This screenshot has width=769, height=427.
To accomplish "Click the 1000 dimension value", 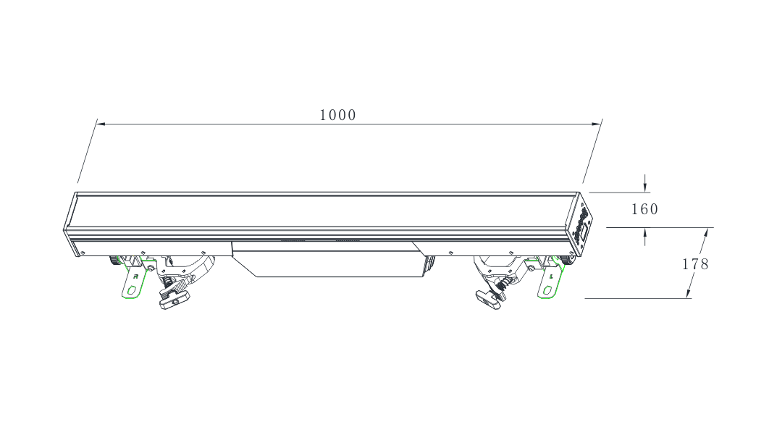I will pyautogui.click(x=337, y=115).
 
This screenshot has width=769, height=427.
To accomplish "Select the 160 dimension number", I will pyautogui.click(x=644, y=210).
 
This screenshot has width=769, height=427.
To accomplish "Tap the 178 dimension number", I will pyautogui.click(x=695, y=264).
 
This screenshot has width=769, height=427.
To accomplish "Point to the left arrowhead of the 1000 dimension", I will pyautogui.click(x=101, y=124).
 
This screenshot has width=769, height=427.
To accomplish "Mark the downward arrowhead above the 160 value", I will pyautogui.click(x=644, y=187).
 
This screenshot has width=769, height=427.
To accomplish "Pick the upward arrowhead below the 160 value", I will pyautogui.click(x=644, y=232).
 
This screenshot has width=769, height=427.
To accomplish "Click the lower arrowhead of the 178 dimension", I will pyautogui.click(x=689, y=292).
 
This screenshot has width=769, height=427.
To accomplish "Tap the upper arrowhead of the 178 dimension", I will pyautogui.click(x=705, y=233).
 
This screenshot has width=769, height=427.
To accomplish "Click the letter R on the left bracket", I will pyautogui.click(x=135, y=276).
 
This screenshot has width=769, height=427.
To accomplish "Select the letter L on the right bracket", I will pyautogui.click(x=552, y=276).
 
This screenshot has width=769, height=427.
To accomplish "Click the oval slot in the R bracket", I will pyautogui.click(x=132, y=289).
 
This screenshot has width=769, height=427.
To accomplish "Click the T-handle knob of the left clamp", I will pyautogui.click(x=173, y=301).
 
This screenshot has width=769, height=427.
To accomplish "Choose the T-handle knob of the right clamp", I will pyautogui.click(x=487, y=300).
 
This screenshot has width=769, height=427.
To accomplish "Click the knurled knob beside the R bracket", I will pyautogui.click(x=114, y=259).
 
